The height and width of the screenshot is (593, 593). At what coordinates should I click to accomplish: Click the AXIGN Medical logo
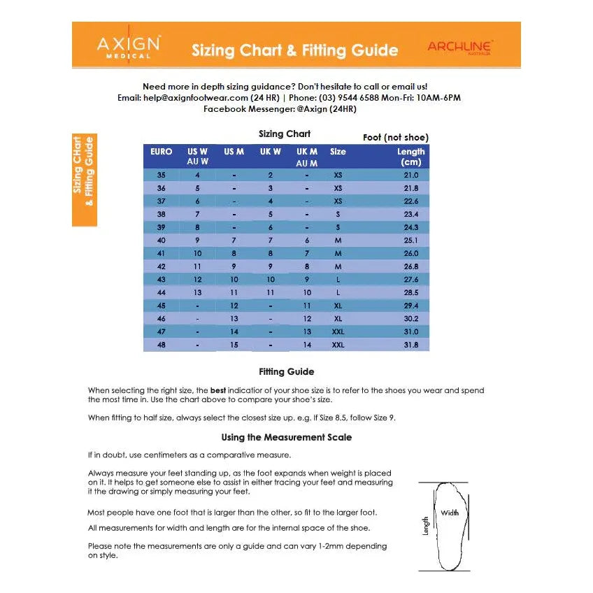[128, 47]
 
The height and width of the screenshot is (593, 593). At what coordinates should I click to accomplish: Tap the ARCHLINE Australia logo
[460, 48]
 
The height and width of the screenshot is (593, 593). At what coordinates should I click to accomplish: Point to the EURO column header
[162, 152]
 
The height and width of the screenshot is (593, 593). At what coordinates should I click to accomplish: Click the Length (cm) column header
[410, 157]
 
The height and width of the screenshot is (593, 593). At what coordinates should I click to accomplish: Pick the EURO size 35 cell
[162, 175]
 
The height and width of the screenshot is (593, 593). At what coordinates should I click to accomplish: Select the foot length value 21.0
[410, 175]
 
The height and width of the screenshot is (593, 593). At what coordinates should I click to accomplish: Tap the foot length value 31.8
[410, 345]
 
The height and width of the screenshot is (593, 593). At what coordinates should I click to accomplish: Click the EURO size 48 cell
[162, 345]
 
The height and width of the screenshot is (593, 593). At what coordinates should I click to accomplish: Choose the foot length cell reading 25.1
[410, 241]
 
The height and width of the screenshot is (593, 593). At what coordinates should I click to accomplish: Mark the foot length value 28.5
[410, 292]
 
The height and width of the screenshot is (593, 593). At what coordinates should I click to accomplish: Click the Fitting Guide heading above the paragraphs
[286, 372]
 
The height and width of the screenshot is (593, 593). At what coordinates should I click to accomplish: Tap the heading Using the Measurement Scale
[286, 438]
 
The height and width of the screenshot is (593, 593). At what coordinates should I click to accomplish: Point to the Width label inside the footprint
[450, 513]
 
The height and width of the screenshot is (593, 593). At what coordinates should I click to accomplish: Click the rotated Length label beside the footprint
[426, 527]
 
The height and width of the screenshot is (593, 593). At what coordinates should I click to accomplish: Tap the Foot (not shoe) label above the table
[395, 138]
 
